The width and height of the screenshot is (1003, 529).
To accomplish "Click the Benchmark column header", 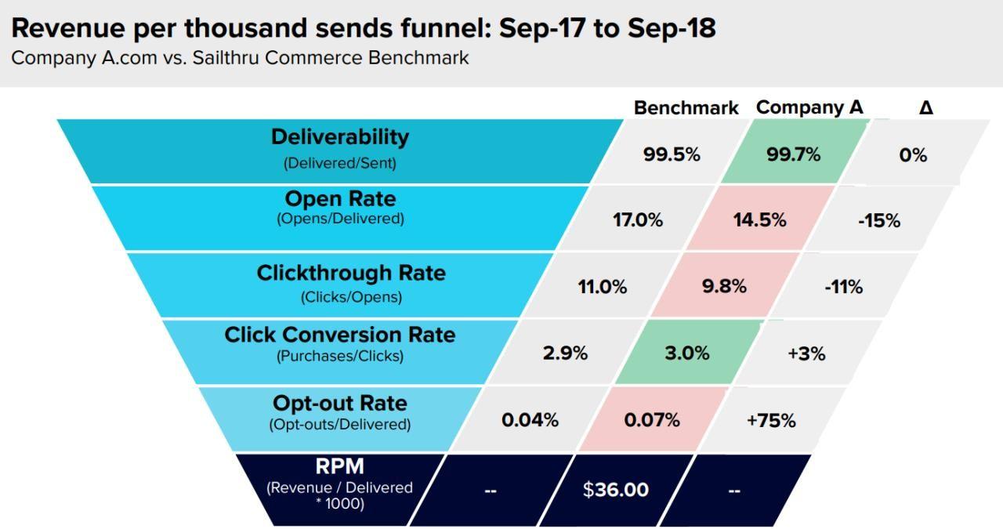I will (x=686, y=108).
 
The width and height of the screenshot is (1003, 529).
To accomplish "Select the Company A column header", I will (x=809, y=107).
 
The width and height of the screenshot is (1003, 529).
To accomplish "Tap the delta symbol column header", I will (x=925, y=108).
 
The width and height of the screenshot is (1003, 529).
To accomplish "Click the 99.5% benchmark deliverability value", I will (x=672, y=154).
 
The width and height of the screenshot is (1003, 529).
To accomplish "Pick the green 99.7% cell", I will (x=793, y=154).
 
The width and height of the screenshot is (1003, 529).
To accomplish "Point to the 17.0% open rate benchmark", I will (x=637, y=220).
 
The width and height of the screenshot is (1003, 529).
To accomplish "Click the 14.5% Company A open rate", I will (x=759, y=220).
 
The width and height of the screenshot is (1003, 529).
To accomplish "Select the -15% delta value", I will (x=878, y=221).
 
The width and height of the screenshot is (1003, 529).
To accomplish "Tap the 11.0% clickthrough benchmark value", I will (x=602, y=287).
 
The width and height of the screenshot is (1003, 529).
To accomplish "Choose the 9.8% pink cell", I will (x=724, y=287).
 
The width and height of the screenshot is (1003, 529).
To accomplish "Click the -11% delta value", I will (x=843, y=288).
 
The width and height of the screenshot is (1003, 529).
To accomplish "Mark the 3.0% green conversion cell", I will (x=687, y=353).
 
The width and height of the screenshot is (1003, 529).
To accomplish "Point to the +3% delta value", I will (x=806, y=354).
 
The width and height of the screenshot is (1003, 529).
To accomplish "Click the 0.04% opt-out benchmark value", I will (x=530, y=420).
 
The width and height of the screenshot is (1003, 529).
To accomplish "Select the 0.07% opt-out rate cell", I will (x=652, y=420).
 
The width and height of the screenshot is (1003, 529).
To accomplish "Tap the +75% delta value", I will (x=771, y=421).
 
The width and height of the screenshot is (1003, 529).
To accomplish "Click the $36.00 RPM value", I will (x=615, y=490).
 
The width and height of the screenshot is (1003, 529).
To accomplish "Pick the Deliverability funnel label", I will (x=340, y=137).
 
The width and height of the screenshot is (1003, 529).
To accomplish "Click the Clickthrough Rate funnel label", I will (x=351, y=274).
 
